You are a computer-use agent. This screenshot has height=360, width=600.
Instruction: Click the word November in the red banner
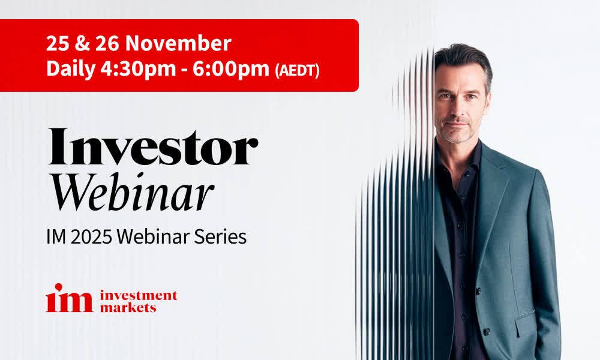(x=178, y=43)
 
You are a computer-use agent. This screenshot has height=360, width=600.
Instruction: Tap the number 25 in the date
(x=57, y=43)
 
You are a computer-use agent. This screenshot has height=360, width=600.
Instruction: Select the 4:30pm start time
(x=138, y=70)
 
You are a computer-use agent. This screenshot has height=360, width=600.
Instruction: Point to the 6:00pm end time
(x=231, y=70)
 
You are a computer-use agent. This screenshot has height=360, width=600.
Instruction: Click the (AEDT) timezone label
(x=298, y=71)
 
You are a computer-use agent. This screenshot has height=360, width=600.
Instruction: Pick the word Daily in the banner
(x=70, y=70)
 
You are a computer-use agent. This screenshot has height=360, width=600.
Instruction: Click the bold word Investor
(x=153, y=147)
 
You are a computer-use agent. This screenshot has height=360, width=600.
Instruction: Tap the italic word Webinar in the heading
(x=133, y=193)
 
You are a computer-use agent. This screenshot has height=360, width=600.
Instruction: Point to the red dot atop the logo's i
(x=59, y=287)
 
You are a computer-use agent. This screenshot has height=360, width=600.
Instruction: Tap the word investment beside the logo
(x=139, y=296)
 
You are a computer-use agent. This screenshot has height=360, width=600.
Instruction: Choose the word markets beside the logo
(x=128, y=307)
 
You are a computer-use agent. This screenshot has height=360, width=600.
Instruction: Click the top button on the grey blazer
(x=478, y=292)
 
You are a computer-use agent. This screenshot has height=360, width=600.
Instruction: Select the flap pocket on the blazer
(x=525, y=323)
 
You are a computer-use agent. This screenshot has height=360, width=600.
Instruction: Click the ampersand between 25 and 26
(x=82, y=43)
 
